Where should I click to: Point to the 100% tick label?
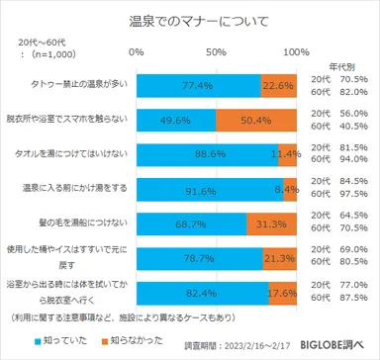pyautogui.click(x=295, y=49)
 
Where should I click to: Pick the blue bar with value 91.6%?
pyautogui.click(x=208, y=191)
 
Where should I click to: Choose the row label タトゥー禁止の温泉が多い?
pyautogui.click(x=67, y=86)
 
